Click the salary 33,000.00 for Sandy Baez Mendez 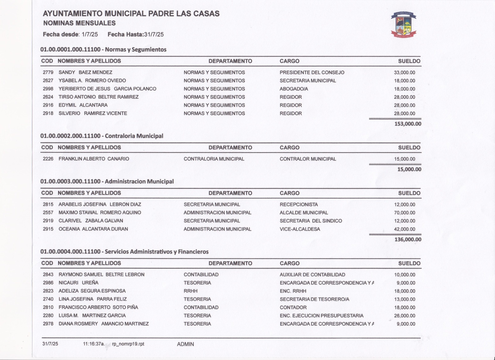(404, 72)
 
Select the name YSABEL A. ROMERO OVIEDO (92, 80)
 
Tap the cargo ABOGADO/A (294, 89)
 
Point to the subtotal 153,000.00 (408, 124)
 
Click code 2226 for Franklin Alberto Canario (48, 159)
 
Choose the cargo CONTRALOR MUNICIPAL (308, 159)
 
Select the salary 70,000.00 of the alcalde (404, 213)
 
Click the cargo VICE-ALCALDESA (300, 229)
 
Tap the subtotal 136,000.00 (408, 240)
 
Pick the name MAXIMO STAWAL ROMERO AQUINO (100, 213)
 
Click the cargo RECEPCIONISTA (299, 204)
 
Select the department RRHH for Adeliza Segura (190, 291)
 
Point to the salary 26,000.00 (404, 316)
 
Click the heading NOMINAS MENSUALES (80, 23)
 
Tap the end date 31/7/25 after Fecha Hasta (154, 34)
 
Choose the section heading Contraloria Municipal (134, 136)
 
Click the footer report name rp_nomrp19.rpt (128, 344)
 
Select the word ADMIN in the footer (185, 344)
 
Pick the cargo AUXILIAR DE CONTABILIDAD (312, 275)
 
